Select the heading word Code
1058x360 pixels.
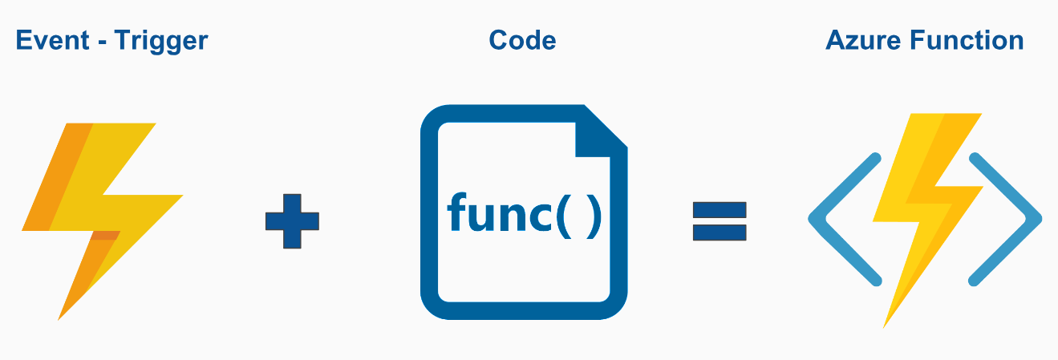(x=522, y=40)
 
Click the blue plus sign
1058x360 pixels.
(x=292, y=220)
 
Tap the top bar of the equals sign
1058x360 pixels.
(x=720, y=211)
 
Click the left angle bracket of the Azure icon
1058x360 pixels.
(x=842, y=218)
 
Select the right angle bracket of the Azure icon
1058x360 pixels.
(x=1007, y=218)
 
